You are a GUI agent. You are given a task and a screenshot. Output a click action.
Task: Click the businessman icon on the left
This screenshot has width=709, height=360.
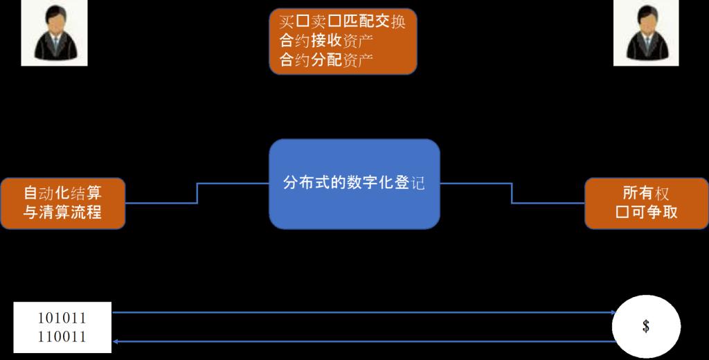pyautogui.click(x=54, y=33)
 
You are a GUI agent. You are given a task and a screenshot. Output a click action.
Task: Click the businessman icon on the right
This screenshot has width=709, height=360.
pyautogui.click(x=646, y=33)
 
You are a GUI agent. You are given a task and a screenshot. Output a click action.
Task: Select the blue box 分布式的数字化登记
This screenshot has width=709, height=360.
pyautogui.click(x=354, y=183)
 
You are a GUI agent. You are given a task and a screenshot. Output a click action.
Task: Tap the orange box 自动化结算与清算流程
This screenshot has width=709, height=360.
pyautogui.click(x=63, y=203)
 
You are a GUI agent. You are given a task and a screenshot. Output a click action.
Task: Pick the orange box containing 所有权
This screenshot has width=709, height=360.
pyautogui.click(x=646, y=203)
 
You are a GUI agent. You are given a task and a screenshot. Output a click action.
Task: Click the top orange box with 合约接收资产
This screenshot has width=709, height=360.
pyautogui.click(x=343, y=41)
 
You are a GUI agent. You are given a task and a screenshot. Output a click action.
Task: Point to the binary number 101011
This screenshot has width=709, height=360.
pyautogui.click(x=62, y=318)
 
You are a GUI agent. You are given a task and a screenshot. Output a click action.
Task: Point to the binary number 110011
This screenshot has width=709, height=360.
pyautogui.click(x=62, y=337)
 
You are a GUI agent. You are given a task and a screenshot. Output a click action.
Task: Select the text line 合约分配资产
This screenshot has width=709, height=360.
pyautogui.click(x=326, y=60)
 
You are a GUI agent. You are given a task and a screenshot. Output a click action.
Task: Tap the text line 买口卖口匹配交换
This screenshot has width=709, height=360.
pyautogui.click(x=342, y=21)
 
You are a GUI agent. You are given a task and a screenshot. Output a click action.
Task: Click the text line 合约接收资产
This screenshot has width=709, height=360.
pyautogui.click(x=326, y=41)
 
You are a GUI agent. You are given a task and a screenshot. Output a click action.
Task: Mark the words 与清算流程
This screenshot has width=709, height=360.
pyautogui.click(x=63, y=213)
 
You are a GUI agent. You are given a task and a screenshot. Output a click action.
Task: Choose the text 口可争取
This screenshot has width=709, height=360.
pyautogui.click(x=646, y=213)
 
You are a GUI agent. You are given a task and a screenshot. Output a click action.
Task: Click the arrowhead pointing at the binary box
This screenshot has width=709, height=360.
pyautogui.click(x=116, y=341)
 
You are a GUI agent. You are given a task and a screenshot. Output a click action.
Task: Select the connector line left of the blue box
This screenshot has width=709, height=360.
pyautogui.click(x=197, y=193)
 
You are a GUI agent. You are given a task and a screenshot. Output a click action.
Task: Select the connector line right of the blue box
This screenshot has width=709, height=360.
pyautogui.click(x=512, y=193)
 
